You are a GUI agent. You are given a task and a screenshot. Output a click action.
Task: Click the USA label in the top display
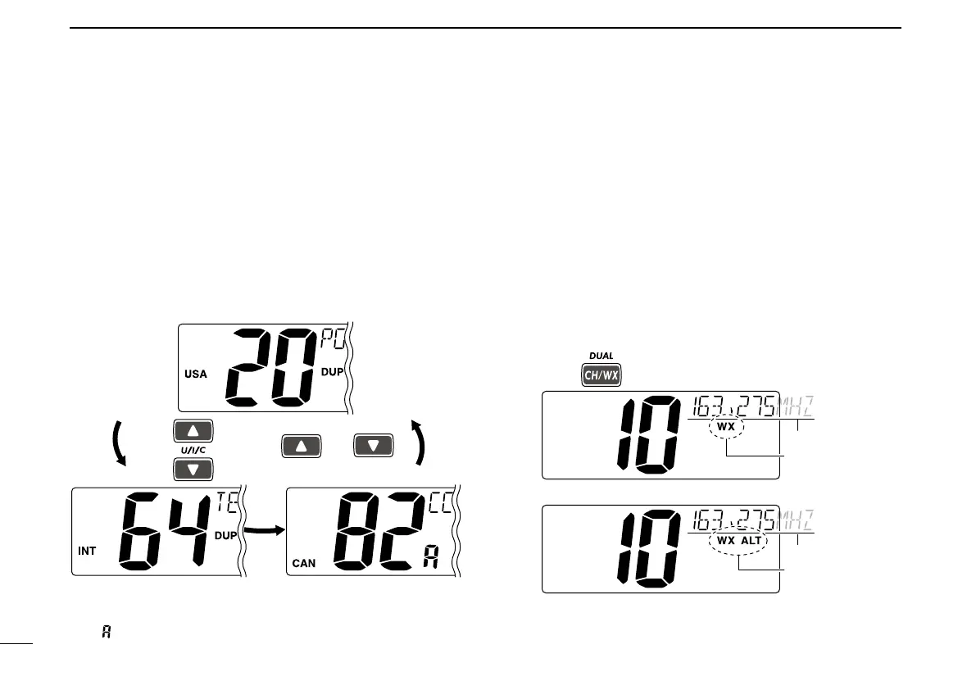(196, 374)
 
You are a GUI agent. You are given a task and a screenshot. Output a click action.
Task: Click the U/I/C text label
(193, 449)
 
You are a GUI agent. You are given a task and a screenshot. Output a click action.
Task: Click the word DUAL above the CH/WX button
(601, 356)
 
